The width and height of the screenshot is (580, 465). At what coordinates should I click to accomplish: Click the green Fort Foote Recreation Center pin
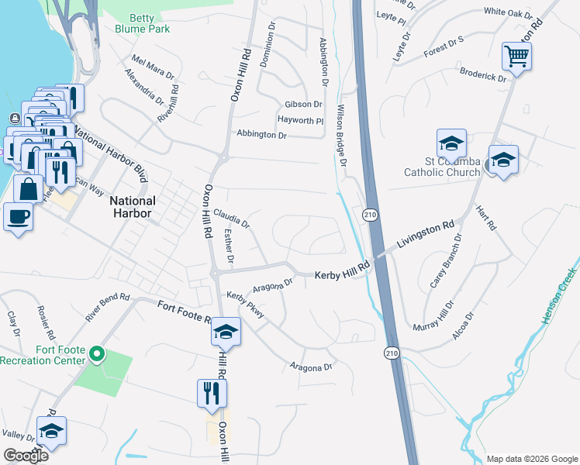pyautogui.click(x=97, y=354)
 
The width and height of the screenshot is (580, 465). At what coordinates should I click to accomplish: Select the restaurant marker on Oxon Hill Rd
pyautogui.click(x=212, y=392)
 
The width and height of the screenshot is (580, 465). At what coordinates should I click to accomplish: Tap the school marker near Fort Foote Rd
pyautogui.click(x=226, y=331)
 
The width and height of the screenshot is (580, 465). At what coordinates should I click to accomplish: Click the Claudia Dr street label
pyautogui.click(x=231, y=218)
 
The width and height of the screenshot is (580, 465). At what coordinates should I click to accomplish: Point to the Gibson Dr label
pyautogui.click(x=303, y=104)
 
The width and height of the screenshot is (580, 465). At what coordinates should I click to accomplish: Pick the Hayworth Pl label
pyautogui.click(x=300, y=120)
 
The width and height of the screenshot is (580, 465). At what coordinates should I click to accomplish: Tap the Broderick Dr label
pyautogui.click(x=482, y=79)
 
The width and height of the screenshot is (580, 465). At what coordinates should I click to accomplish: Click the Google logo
pyautogui.click(x=26, y=456)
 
